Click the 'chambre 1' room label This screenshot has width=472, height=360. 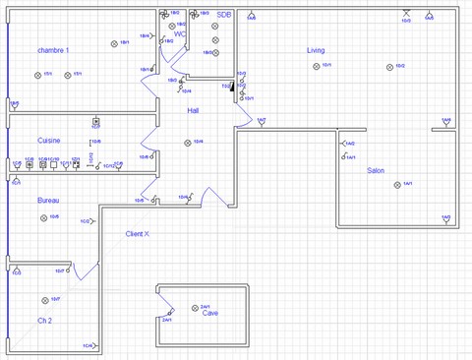(x=54, y=49)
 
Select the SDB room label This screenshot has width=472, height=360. (x=224, y=15)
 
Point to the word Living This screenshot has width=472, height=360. (x=316, y=49)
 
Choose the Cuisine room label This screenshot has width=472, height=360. (x=49, y=141)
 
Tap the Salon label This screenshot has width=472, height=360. (x=376, y=170)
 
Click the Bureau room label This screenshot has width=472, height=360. (x=48, y=200)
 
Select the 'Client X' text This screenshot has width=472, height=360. (x=138, y=234)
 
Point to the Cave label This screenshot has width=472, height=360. (x=210, y=314)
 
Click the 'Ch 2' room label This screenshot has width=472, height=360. (x=45, y=322)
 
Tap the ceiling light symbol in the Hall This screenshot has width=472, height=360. (x=187, y=143)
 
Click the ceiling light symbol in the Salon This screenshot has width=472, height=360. (x=395, y=184)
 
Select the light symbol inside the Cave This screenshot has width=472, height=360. (x=195, y=308)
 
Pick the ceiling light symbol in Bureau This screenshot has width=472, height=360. (x=44, y=217)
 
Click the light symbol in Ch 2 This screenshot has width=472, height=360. (x=44, y=299)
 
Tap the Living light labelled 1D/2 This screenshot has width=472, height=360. (x=390, y=67)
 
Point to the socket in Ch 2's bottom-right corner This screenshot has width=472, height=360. (x=96, y=345)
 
